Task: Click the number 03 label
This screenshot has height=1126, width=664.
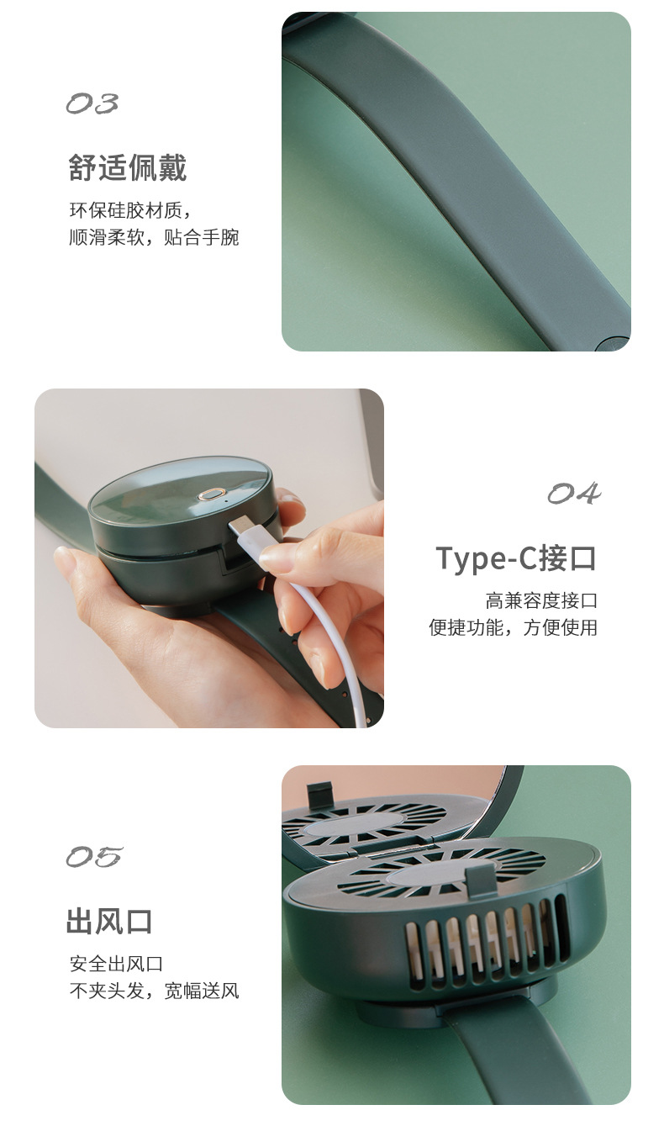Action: pos(92,104)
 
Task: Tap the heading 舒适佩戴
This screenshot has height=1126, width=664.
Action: pos(128,168)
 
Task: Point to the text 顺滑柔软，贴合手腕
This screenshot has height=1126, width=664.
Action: pos(154,238)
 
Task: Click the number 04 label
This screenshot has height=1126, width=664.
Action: pos(574,494)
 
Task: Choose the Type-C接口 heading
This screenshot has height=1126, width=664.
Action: pos(516,558)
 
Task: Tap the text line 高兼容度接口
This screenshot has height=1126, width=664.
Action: pos(541,600)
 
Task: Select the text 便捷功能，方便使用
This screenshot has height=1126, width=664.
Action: pos(513,627)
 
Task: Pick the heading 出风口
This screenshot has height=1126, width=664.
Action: pos(110,922)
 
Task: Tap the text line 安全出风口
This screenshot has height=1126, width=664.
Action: pos(116,964)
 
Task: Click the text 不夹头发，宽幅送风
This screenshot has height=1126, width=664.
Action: pos(154,991)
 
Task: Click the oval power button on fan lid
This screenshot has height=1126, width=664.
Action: pos(209,493)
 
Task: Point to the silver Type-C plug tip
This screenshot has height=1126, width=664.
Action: pos(241,529)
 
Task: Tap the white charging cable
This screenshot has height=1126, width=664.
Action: pos(336,639)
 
